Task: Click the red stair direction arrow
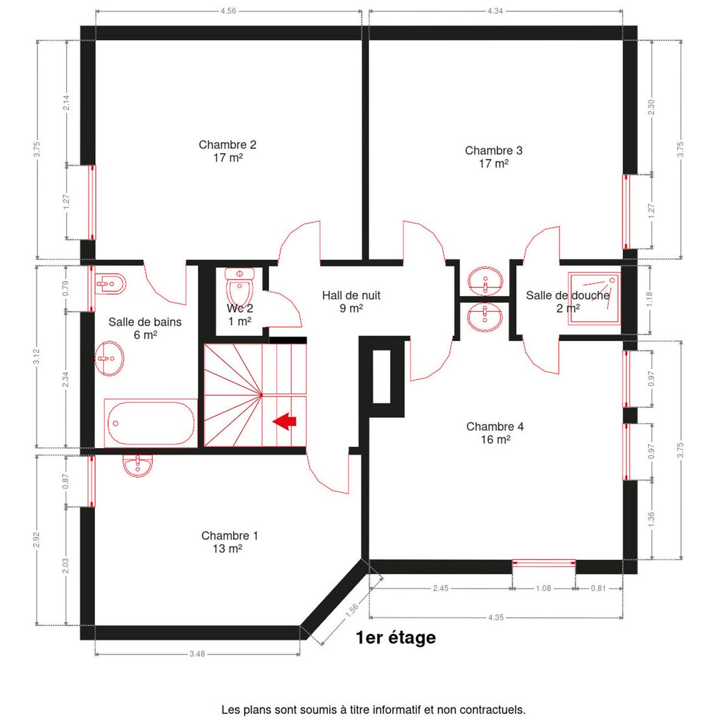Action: pos(284,421)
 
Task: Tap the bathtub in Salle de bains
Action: pos(151,423)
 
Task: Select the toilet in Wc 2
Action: pos(240,287)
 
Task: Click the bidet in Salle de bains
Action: pos(111,284)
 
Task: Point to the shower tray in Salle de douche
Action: pos(594,299)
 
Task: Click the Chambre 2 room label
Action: pos(227,151)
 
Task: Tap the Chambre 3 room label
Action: pos(494,157)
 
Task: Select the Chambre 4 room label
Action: pos(495,433)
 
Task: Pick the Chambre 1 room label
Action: pos(229,542)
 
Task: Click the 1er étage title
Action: pos(396,638)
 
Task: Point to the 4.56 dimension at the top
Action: pos(228,11)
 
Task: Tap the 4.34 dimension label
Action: pos(495,11)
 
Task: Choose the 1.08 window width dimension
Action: pos(543,589)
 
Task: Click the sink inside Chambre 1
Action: pos(137,466)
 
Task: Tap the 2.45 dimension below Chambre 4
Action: pos(440,589)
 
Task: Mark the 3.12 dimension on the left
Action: pos(36,357)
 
